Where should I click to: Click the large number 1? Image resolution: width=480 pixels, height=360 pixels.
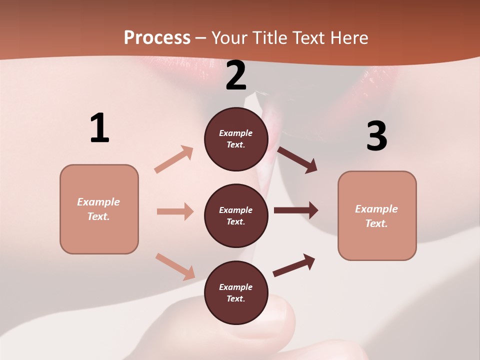(99, 128)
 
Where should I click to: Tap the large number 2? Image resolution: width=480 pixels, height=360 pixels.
(236, 75)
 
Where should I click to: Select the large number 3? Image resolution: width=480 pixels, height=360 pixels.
(376, 136)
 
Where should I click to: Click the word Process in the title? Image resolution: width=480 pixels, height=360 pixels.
(157, 37)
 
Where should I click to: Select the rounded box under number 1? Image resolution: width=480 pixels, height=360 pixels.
(99, 209)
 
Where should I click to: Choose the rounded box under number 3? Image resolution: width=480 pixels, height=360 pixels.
(377, 215)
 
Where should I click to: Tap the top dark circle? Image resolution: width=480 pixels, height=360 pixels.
(236, 139)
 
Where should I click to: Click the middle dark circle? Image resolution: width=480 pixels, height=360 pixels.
(236, 215)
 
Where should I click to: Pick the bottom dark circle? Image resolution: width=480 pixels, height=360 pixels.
(236, 292)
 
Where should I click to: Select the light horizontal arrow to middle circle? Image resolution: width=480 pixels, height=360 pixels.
(175, 211)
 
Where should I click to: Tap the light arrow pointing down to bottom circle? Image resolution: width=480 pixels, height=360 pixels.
(175, 266)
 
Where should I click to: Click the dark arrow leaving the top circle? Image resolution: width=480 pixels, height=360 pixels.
(297, 159)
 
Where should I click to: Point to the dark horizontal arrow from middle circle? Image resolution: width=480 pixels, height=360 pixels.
(296, 210)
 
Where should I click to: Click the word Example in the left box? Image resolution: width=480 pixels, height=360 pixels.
(98, 202)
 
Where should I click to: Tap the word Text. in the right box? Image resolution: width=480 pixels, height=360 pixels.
(376, 223)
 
